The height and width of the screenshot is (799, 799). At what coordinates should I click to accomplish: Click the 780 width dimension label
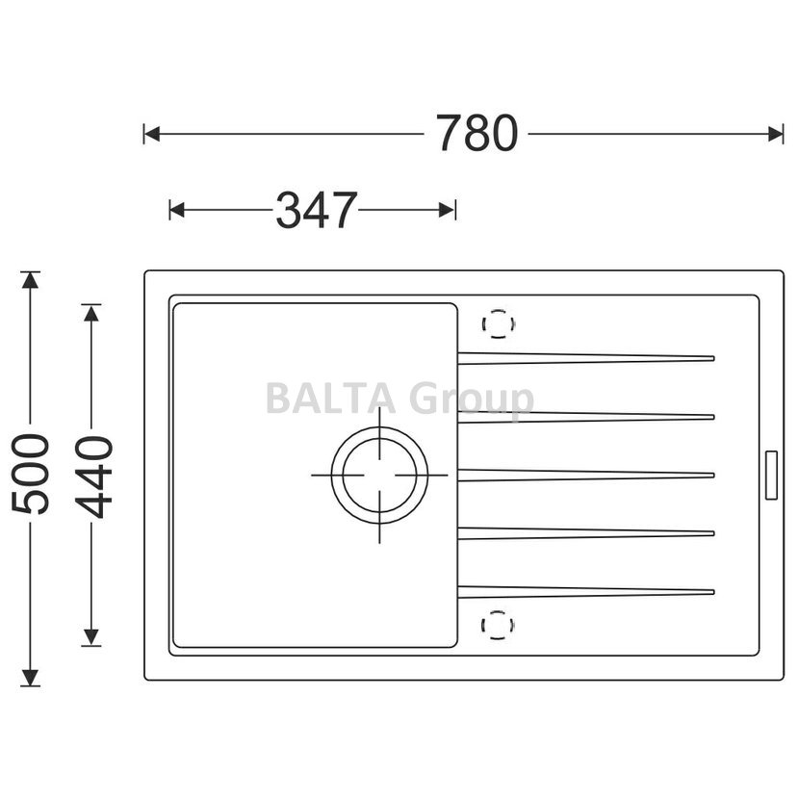pos(477,134)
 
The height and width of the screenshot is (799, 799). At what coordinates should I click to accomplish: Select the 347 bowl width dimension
pos(317,210)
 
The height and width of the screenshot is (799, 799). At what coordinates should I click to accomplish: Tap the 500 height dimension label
pos(31,474)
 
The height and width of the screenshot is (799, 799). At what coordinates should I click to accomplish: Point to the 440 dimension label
pos(93,477)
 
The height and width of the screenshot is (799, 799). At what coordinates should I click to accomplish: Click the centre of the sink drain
pos(379,476)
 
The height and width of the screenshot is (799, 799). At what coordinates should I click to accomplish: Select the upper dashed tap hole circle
pos(499,309)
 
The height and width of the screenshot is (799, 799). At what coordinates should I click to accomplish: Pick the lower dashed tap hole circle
pos(498,610)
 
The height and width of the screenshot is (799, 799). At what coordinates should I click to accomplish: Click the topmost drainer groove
pos(586,358)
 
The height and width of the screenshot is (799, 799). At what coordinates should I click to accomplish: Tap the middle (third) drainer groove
pos(586,475)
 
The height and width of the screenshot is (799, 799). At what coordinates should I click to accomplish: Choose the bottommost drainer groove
pos(586,592)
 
